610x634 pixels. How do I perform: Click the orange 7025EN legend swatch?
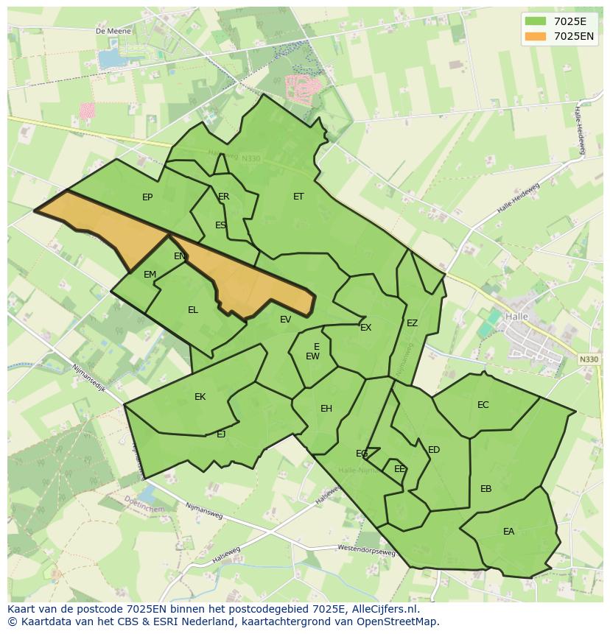click(x=536, y=36)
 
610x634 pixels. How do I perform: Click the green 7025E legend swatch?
click(x=536, y=21)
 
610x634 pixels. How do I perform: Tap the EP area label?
click(x=147, y=197)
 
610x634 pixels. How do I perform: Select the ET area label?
click(x=298, y=197)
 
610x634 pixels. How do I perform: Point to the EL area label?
click(x=193, y=310)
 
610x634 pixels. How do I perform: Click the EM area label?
click(x=150, y=275)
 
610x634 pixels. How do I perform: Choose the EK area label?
click(x=200, y=397)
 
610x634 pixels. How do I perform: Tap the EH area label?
click(x=326, y=409)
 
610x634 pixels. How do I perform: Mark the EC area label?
click(x=483, y=405)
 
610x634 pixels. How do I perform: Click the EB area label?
click(x=486, y=489)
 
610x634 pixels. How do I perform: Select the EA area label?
click(x=509, y=532)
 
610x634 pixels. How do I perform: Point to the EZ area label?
click(x=413, y=323)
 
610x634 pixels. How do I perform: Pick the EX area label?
click(x=366, y=328)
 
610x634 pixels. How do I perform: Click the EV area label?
click(x=286, y=320)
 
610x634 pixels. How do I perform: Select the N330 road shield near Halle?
click(x=589, y=359)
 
